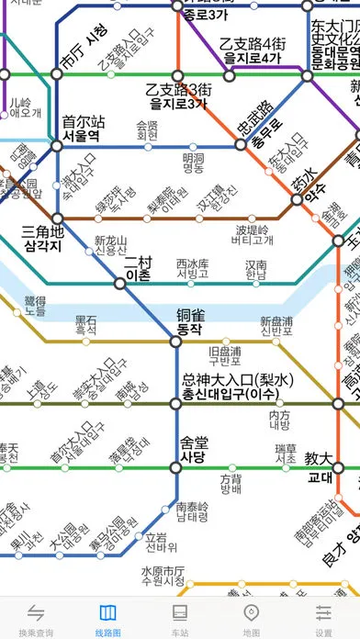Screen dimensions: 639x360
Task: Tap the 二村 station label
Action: [x=138, y=243]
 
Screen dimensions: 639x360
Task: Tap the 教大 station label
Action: [x=319, y=464]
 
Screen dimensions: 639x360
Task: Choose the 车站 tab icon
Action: [x=180, y=612]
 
